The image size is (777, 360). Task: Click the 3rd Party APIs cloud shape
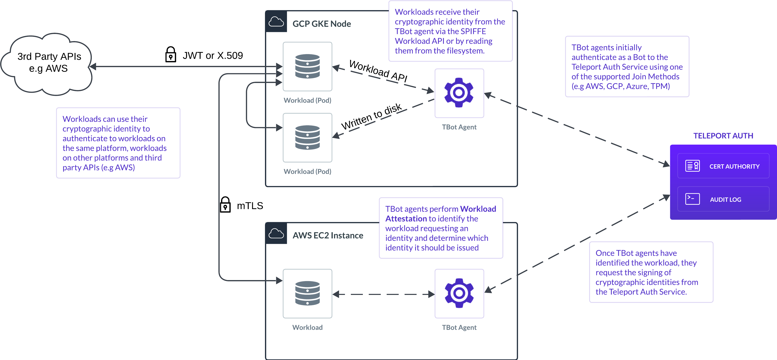point(48,63)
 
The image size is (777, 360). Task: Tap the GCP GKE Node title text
point(322,24)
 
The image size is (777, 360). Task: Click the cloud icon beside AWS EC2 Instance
point(276,234)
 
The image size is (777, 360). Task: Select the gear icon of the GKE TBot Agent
point(459,93)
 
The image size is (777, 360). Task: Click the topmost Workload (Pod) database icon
point(307,66)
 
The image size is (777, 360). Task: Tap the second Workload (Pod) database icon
point(307,137)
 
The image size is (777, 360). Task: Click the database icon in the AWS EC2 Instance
point(307,293)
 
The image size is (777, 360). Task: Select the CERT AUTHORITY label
point(734,166)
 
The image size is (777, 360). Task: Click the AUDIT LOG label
point(726,200)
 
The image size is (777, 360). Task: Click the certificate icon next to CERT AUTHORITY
point(693,166)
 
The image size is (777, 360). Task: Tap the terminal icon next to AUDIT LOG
point(692,199)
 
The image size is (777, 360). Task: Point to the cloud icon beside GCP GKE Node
point(276,22)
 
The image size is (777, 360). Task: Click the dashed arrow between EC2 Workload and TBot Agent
point(383,294)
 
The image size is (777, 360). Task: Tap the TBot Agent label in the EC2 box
point(459,327)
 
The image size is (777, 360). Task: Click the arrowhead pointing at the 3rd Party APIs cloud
point(93,67)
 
